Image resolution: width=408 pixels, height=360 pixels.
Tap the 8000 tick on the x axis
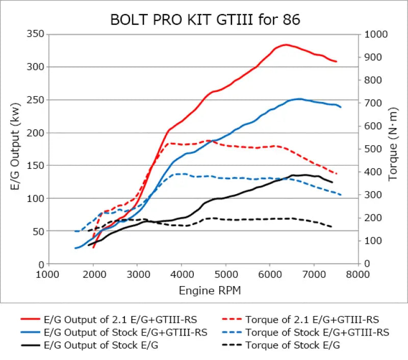(x=358, y=274)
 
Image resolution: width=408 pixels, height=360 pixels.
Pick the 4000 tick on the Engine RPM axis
(x=182, y=274)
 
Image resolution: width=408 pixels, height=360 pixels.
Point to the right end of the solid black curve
(x=333, y=182)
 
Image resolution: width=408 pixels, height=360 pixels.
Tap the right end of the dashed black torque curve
(x=332, y=226)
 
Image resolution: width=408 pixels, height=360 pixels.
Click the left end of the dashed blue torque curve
(x=75, y=231)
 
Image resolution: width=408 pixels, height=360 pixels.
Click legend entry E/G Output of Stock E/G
(x=99, y=345)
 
